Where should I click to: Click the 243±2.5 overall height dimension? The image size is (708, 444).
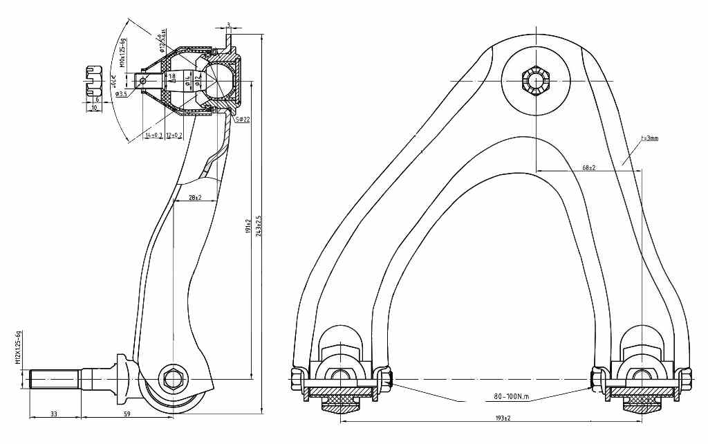258,224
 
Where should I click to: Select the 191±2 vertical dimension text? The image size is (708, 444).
248,221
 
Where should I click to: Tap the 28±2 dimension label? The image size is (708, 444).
194,198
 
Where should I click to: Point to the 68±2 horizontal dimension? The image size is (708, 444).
588,167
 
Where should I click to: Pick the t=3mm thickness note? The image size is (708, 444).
649,138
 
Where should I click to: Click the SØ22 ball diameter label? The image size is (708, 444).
242,120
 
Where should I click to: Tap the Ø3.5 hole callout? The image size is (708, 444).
121,93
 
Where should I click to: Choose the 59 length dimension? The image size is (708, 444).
127,414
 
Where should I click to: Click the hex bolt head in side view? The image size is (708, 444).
171,378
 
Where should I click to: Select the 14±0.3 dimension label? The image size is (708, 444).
153,136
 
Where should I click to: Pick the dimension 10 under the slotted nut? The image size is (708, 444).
93,108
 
